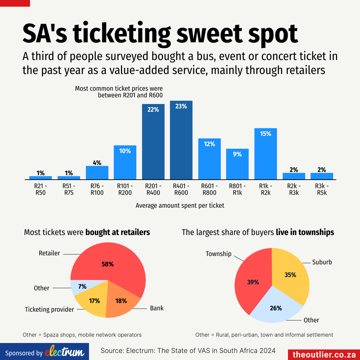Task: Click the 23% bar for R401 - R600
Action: point(181,140)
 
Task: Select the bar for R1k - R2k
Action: point(266,154)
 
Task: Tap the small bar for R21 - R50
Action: point(40,177)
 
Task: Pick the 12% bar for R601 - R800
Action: point(209,159)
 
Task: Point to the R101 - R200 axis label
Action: point(125,189)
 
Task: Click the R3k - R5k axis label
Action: point(322,189)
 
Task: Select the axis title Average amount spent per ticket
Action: point(180,206)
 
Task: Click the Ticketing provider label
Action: point(49,310)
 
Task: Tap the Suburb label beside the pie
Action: point(322,262)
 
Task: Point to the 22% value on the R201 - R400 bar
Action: point(153,109)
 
